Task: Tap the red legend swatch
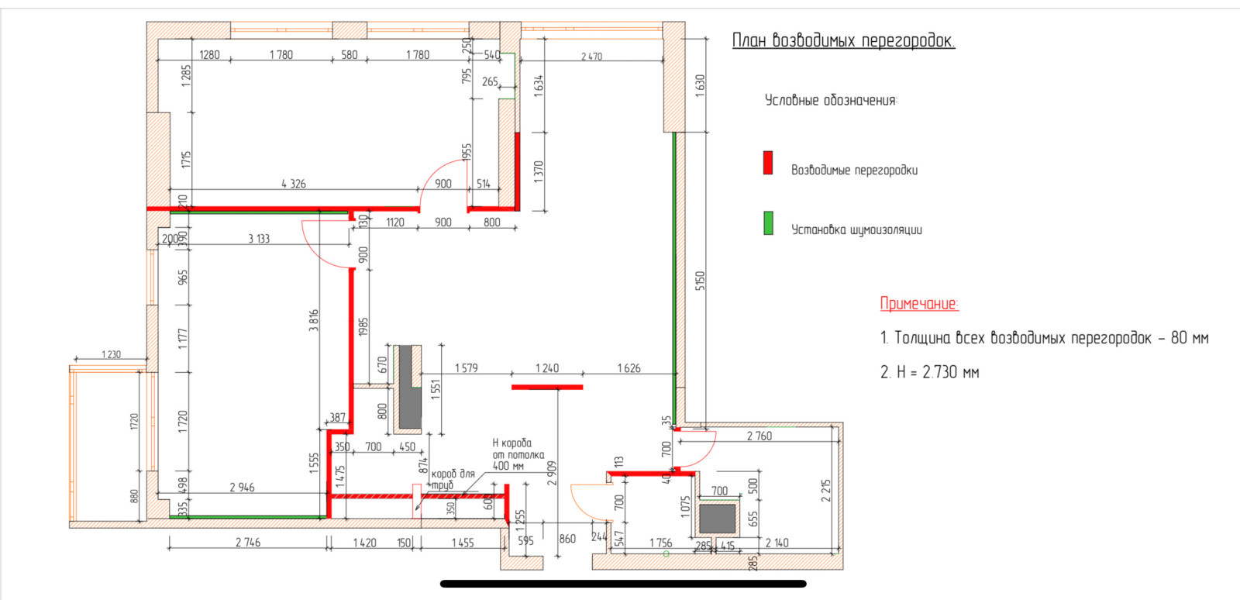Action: (x=768, y=164)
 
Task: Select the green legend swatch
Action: (x=768, y=223)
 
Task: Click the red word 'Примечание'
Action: (x=919, y=303)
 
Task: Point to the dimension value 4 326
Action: (x=294, y=184)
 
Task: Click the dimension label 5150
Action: (x=700, y=281)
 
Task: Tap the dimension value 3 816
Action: (x=314, y=320)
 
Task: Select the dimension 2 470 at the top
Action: (x=591, y=56)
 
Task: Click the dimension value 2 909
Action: (x=551, y=474)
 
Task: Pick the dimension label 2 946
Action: (x=242, y=487)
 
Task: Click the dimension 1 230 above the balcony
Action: (x=111, y=354)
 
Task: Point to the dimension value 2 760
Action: (x=759, y=436)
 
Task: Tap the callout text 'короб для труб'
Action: (x=453, y=480)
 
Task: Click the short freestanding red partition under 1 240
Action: (x=547, y=387)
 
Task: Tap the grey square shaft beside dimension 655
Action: (x=717, y=519)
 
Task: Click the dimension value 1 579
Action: (x=466, y=368)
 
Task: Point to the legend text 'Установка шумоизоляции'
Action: (x=856, y=229)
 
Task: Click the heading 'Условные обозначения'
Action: (x=830, y=100)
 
